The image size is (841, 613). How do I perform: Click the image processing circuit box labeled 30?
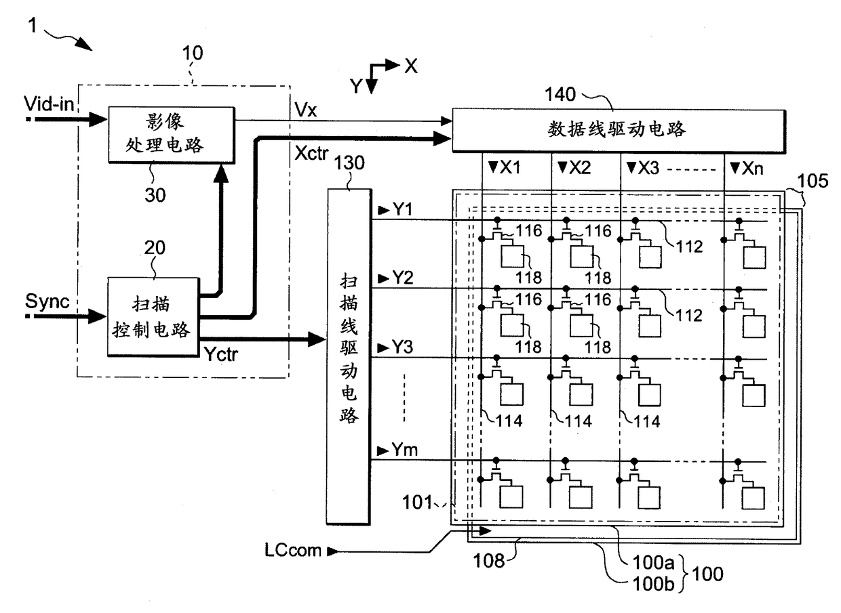(172, 135)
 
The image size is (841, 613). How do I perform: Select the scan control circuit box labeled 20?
(153, 317)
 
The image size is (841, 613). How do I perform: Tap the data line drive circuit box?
(619, 131)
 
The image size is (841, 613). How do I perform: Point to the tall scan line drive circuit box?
(349, 356)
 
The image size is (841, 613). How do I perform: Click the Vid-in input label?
(49, 104)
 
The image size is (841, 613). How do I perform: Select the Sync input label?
(47, 301)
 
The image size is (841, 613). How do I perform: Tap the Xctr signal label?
(311, 153)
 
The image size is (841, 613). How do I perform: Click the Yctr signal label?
(221, 354)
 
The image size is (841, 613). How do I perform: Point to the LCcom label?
(293, 551)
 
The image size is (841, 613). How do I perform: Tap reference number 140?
(560, 94)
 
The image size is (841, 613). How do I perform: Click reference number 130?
(349, 163)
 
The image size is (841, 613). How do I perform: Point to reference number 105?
(813, 181)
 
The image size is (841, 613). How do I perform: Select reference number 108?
(489, 561)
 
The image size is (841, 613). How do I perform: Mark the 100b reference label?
(654, 584)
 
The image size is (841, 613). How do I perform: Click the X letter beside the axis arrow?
(411, 66)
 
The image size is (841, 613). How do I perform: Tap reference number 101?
(417, 502)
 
